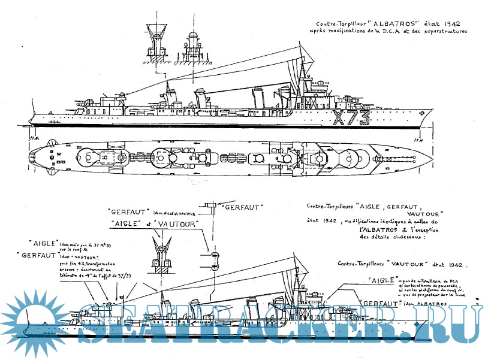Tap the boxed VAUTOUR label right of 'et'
(178, 222)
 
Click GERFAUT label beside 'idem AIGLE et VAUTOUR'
(129, 211)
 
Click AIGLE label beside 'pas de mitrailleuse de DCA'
(381, 280)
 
